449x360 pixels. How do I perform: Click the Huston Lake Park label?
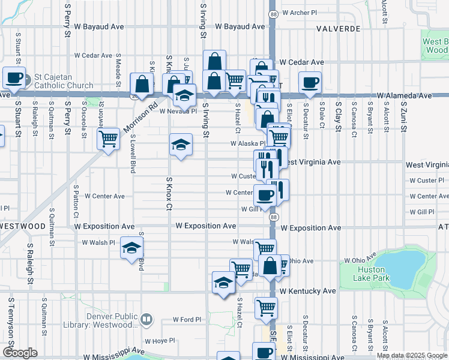371,274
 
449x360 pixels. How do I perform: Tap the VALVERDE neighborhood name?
339,28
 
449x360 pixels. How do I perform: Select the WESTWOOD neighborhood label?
23,226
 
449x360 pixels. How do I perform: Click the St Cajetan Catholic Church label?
64,81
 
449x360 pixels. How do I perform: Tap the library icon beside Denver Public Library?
146,319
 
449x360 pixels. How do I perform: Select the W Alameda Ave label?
405,95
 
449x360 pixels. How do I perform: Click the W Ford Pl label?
186,319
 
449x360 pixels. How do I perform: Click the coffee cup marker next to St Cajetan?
14,77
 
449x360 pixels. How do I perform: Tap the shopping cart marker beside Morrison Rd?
108,139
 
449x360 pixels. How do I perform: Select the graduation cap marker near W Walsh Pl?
131,247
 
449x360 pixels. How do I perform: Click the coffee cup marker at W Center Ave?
265,194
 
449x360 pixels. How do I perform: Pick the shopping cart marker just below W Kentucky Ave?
265,308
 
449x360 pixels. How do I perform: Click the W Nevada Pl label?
178,111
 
